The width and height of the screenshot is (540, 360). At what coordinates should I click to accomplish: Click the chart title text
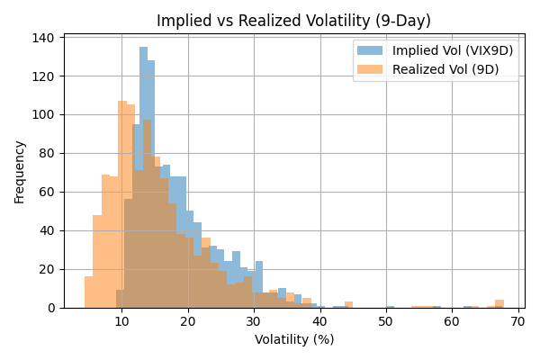[x=293, y=21]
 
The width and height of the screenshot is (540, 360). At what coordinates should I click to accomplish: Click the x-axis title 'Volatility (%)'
[x=294, y=339]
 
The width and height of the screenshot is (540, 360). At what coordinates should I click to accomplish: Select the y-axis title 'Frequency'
[x=20, y=171]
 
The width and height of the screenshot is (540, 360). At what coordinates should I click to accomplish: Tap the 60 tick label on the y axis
[x=48, y=192]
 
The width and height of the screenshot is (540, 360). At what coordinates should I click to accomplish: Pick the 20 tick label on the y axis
[x=48, y=269]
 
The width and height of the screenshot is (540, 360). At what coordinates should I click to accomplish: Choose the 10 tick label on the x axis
[x=121, y=321]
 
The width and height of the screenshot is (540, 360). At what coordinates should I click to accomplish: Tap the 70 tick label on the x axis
[x=518, y=321]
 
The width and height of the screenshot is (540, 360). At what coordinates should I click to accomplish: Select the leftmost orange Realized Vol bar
[x=89, y=292]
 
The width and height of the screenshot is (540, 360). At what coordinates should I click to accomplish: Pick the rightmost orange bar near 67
[x=499, y=304]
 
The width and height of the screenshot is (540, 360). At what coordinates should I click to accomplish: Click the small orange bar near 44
[x=348, y=305]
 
